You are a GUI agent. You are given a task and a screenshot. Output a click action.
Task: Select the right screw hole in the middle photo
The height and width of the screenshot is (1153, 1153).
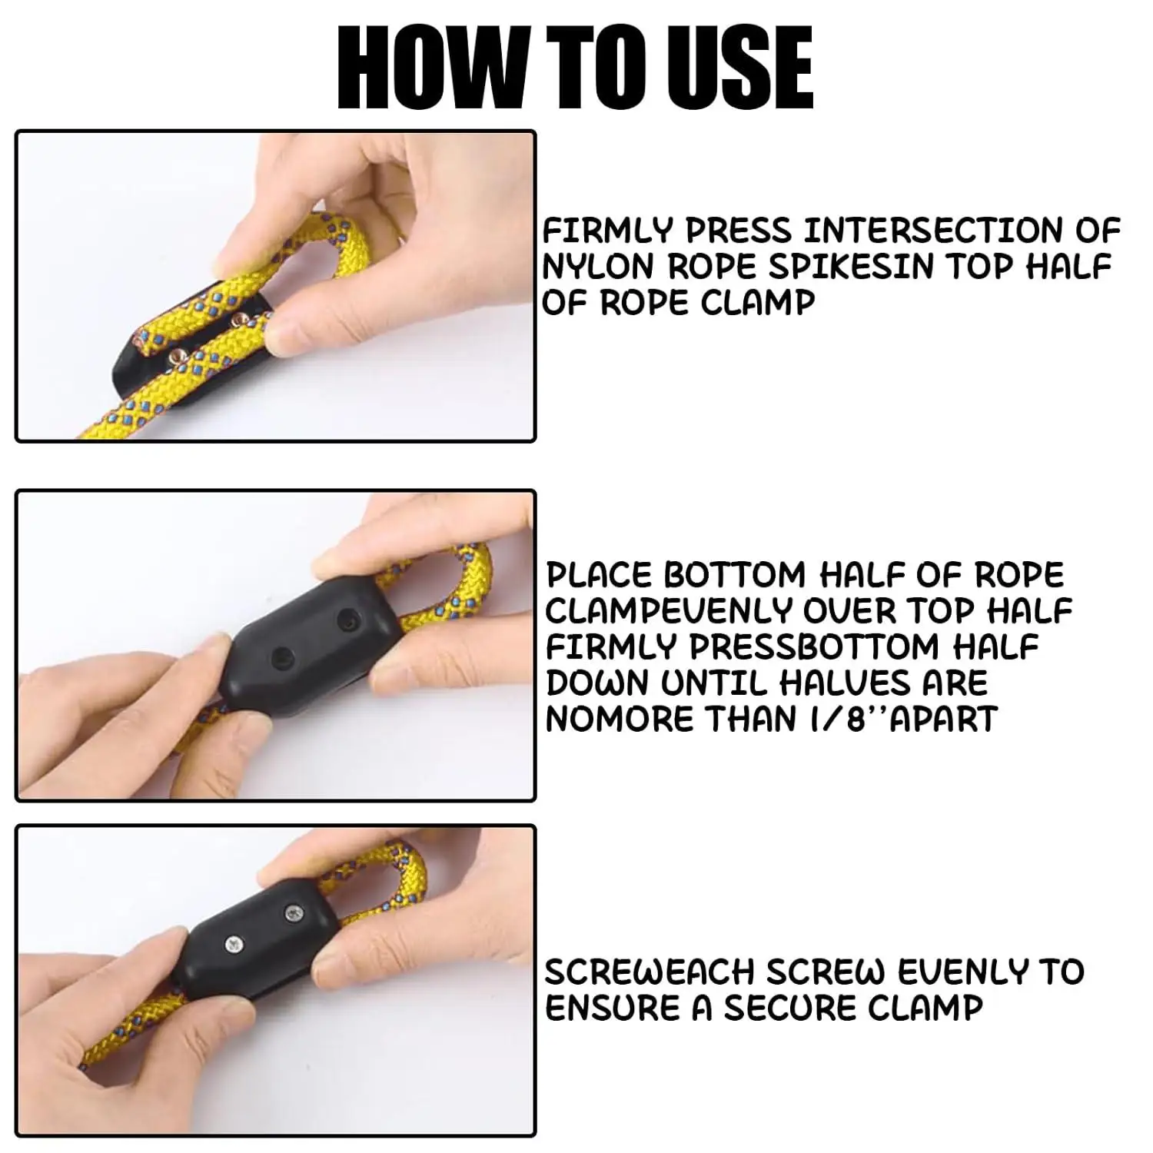(x=349, y=617)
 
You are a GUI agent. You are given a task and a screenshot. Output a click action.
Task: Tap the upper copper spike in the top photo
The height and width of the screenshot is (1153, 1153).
(x=241, y=317)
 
